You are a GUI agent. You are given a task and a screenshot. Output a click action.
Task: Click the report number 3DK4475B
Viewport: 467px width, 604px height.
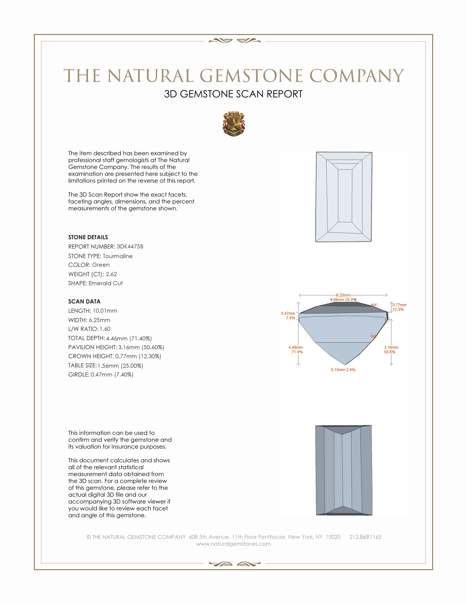(x=130, y=247)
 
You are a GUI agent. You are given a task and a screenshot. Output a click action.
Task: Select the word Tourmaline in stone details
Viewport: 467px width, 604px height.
(x=118, y=256)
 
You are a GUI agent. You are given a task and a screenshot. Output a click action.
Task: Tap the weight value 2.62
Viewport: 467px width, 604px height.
(x=111, y=274)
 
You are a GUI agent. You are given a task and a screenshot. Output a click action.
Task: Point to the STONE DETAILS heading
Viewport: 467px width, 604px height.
(x=88, y=237)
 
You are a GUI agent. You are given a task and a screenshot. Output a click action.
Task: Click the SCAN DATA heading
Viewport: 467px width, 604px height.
(x=84, y=301)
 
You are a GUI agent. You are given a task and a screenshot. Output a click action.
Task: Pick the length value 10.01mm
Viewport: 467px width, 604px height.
(x=105, y=311)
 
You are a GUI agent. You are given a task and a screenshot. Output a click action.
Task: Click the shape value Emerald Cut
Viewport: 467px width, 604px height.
(x=105, y=283)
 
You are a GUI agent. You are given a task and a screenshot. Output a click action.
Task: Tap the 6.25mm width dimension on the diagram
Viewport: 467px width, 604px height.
(x=343, y=295)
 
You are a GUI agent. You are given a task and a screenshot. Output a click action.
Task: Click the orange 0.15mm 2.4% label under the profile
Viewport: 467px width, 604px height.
(x=343, y=370)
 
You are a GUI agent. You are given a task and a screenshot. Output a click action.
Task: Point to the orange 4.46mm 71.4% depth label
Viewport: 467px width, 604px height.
(x=296, y=349)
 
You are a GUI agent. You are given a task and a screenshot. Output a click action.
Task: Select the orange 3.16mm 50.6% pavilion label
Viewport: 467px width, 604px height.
(x=391, y=349)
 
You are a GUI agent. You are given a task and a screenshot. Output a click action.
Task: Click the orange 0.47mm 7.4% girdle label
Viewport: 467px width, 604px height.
(x=288, y=315)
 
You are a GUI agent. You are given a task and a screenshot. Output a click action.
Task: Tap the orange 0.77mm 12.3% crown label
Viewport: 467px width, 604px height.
(x=399, y=307)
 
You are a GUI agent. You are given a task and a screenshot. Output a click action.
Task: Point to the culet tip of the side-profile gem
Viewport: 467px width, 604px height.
(x=345, y=364)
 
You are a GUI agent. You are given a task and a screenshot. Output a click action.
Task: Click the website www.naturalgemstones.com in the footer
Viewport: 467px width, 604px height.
(x=233, y=544)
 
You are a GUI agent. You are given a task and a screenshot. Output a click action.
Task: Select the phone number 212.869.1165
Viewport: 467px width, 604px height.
(x=365, y=537)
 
